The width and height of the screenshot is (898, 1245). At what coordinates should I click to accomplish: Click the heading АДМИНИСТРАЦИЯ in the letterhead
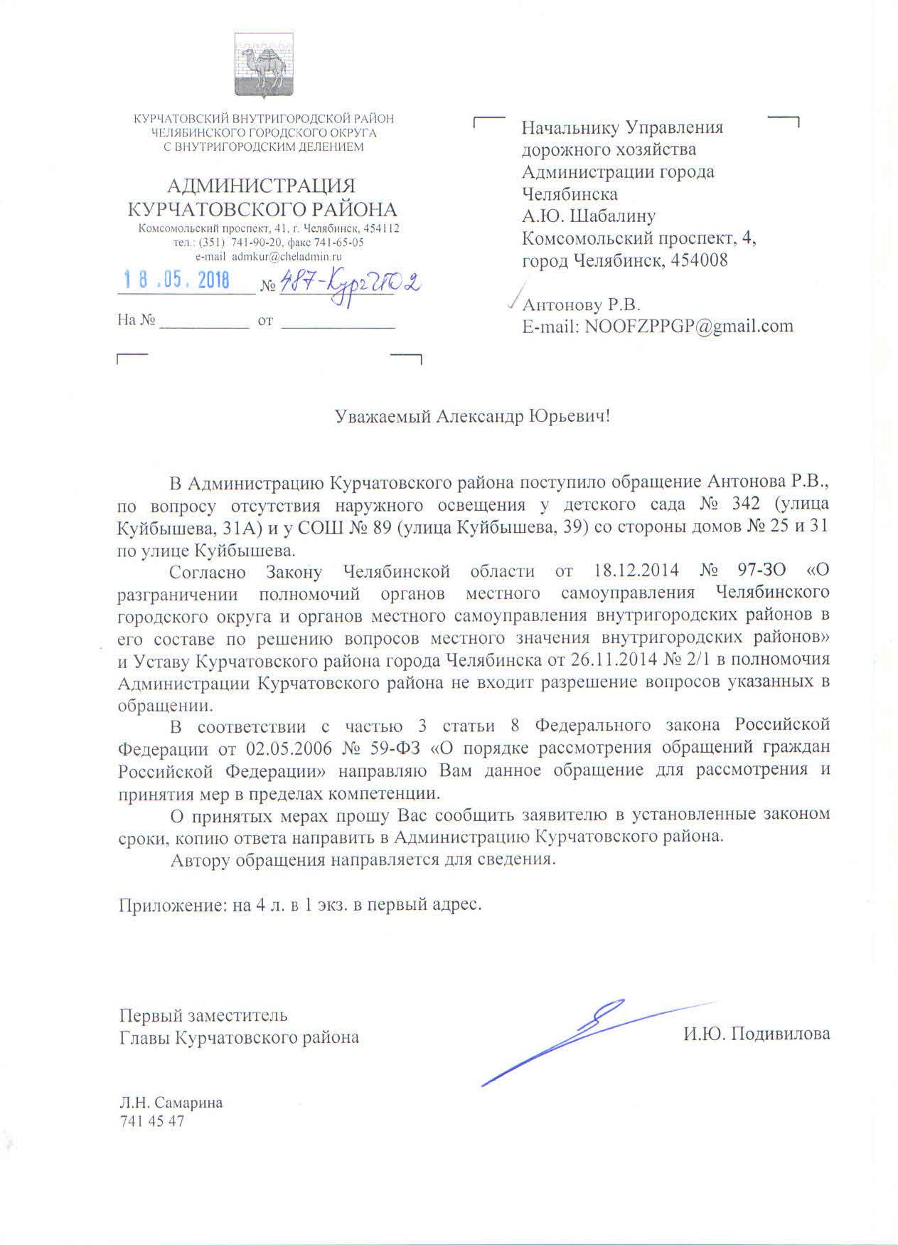click(x=261, y=186)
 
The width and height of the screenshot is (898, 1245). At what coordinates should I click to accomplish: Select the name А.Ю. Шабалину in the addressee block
click(x=589, y=216)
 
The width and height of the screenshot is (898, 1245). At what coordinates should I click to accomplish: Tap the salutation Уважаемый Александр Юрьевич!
click(x=473, y=416)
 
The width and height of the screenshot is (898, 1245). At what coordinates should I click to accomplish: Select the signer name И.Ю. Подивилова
click(x=757, y=1034)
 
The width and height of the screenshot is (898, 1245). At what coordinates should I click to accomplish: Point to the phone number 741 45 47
click(x=151, y=1122)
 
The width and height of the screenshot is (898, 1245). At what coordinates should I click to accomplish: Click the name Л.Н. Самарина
click(x=171, y=1103)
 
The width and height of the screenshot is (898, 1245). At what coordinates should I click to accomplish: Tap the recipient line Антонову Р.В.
click(x=582, y=305)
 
